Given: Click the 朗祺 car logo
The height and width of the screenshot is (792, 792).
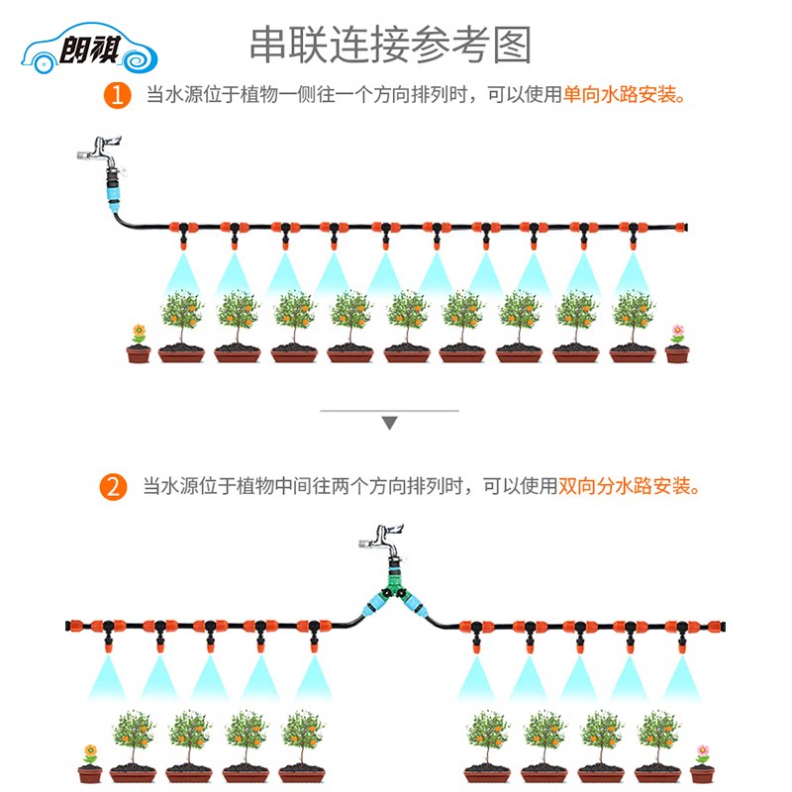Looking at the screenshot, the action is point(89,48).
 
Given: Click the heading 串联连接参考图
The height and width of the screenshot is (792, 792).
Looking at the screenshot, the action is point(390,45).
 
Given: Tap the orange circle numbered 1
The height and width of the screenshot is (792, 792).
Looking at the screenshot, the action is point(117,95).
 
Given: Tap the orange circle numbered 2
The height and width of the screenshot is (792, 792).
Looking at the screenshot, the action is point(113,487).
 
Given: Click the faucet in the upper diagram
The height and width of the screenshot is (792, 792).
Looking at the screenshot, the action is point(101,152).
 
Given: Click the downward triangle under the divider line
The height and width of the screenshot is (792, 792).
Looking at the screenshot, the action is point(389,423).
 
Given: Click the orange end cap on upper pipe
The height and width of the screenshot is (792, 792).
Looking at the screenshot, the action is point(681,227).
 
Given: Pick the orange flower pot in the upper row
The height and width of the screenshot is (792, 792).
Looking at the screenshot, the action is point(139,344).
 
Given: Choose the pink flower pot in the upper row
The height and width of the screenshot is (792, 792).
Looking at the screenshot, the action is point(677,344).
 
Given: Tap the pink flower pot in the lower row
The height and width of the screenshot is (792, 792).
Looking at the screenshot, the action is point(702,763).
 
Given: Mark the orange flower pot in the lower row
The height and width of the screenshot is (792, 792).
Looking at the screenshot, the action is point(90,763).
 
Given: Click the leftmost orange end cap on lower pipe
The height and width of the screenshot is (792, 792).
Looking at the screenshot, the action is point(74,627).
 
